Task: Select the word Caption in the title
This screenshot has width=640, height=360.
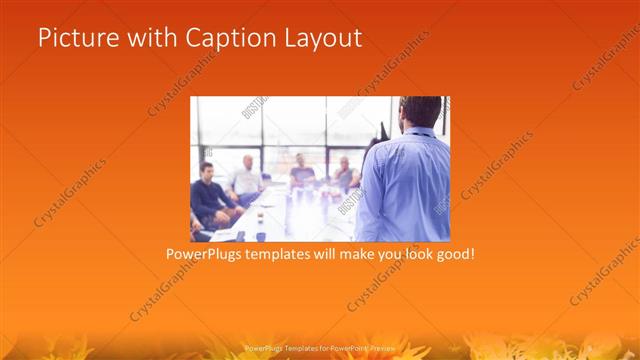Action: coord(224,39)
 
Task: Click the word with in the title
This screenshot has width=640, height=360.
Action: coord(146,39)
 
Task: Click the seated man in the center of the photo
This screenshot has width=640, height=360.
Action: coord(302,174)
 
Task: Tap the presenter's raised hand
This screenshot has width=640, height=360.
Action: coord(381,130)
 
